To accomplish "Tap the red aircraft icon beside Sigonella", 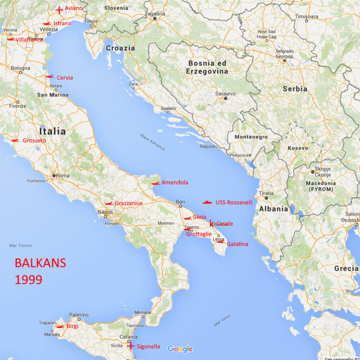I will (x=130, y=346).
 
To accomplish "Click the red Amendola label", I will (x=175, y=182).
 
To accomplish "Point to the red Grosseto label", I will (x=35, y=141).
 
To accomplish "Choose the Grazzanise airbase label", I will (x=128, y=204).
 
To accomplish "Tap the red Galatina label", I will (x=238, y=244).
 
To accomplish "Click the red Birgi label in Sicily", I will (x=72, y=326).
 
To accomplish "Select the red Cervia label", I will (x=65, y=77).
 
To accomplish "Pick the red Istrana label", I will (x=62, y=23).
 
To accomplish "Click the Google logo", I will (x=180, y=349).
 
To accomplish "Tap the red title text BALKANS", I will (x=40, y=264).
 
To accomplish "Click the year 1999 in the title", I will (x=28, y=279).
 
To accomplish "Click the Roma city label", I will (x=63, y=176).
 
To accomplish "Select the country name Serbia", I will (x=295, y=89).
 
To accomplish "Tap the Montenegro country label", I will (x=251, y=137).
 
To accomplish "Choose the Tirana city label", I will (x=266, y=193).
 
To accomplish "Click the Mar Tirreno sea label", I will (x=21, y=245).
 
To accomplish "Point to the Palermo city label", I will (x=79, y=315).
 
